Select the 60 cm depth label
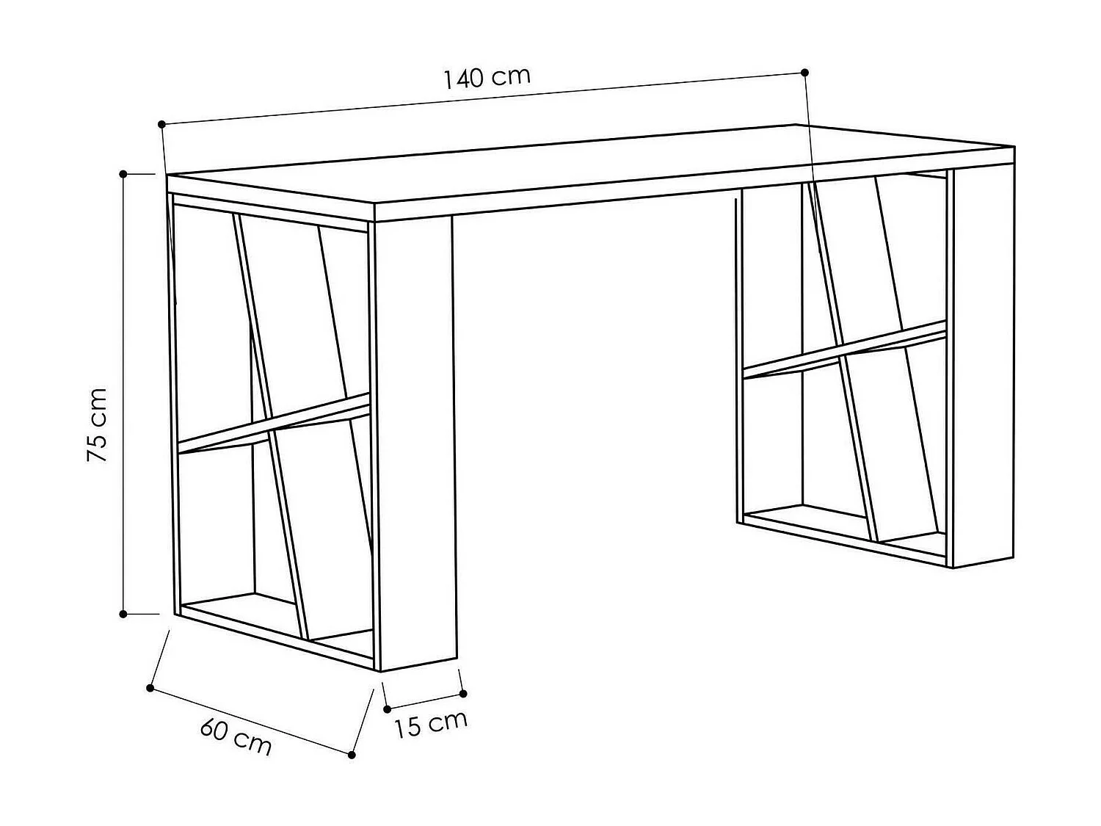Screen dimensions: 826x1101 (236, 736)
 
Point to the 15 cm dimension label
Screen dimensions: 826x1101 (431, 724)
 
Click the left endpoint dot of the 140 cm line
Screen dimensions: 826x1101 (161, 124)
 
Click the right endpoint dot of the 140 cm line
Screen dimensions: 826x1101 (804, 72)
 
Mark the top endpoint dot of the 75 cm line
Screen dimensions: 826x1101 (123, 174)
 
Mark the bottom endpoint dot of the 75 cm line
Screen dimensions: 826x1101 (123, 613)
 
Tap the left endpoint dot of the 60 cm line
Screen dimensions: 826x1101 (150, 688)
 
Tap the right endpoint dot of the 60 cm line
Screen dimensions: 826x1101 (352, 754)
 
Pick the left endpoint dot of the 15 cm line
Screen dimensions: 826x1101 (387, 709)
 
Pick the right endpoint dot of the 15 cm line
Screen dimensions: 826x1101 (463, 693)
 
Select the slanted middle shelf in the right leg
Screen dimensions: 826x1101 (844, 351)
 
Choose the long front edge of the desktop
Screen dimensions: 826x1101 (690, 189)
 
